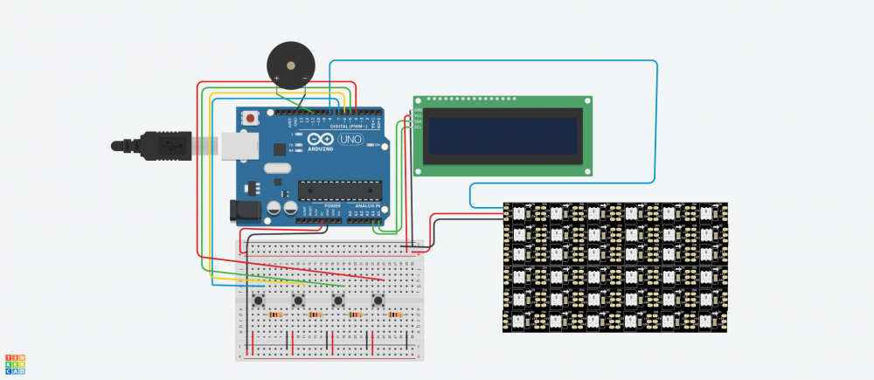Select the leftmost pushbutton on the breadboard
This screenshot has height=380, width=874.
260,301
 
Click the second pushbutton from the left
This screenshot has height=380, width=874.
299,301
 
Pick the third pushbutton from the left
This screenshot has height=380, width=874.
338,301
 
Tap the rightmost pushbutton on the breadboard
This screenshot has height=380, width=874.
378,301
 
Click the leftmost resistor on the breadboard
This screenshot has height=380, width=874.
276,314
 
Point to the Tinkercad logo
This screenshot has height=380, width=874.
14,364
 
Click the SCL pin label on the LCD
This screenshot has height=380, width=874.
418,128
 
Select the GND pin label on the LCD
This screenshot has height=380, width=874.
418,110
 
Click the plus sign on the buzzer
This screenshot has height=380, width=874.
277,79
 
